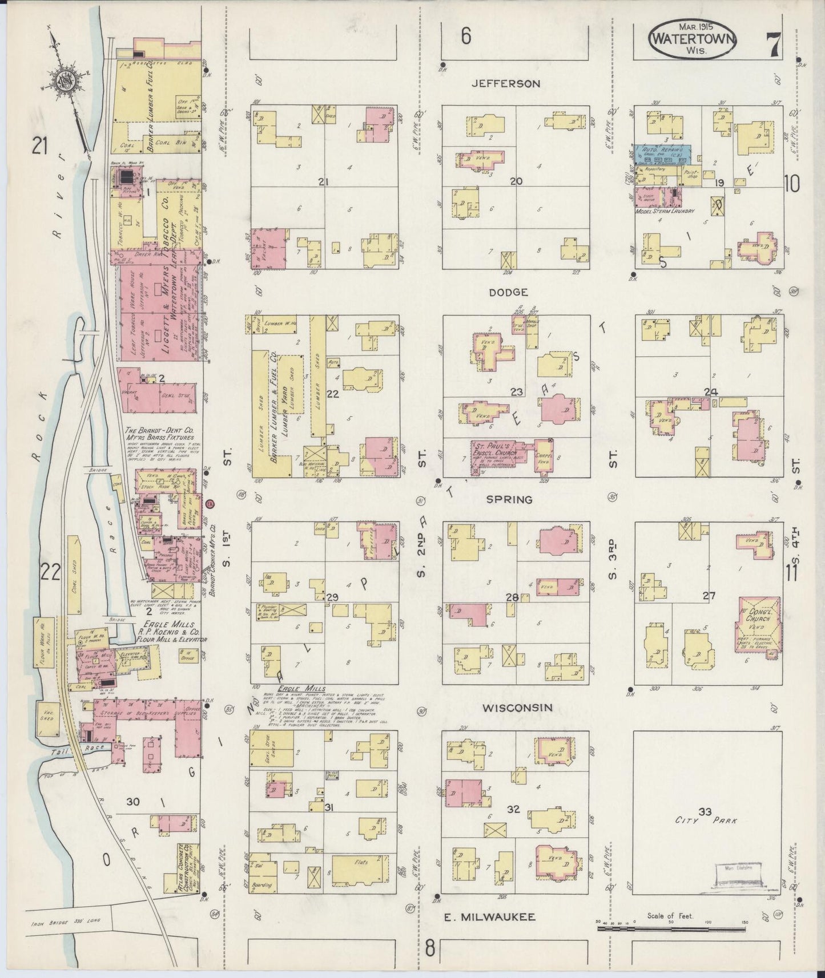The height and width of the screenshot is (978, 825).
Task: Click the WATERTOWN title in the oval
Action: tap(692, 40)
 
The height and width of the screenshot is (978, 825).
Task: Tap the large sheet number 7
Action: tap(774, 44)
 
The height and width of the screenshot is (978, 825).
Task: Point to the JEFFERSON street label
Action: tap(505, 84)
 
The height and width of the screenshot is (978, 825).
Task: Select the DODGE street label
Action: tap(508, 292)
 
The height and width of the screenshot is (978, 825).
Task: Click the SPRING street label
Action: tap(509, 499)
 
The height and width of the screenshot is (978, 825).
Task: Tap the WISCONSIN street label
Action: tap(517, 708)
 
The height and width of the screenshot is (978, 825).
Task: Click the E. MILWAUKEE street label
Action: tap(490, 917)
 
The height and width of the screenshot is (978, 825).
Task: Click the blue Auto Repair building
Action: tap(661, 153)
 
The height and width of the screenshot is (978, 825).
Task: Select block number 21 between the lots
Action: tap(324, 182)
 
